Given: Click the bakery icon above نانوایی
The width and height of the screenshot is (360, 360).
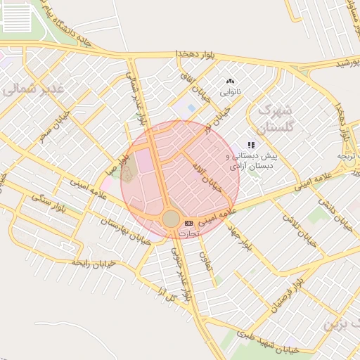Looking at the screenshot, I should click(231, 82).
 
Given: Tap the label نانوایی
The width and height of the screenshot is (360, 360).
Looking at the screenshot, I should click(231, 92).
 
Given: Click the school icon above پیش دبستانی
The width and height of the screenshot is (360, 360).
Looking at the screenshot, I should click(251, 145).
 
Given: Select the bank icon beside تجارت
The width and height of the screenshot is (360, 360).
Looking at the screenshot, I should click(188, 223).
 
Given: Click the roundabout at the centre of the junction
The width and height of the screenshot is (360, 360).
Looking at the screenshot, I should click(171, 219).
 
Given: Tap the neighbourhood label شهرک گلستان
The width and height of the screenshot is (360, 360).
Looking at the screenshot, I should click(274, 120).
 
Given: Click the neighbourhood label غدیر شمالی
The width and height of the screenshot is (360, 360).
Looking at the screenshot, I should click(32, 89).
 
